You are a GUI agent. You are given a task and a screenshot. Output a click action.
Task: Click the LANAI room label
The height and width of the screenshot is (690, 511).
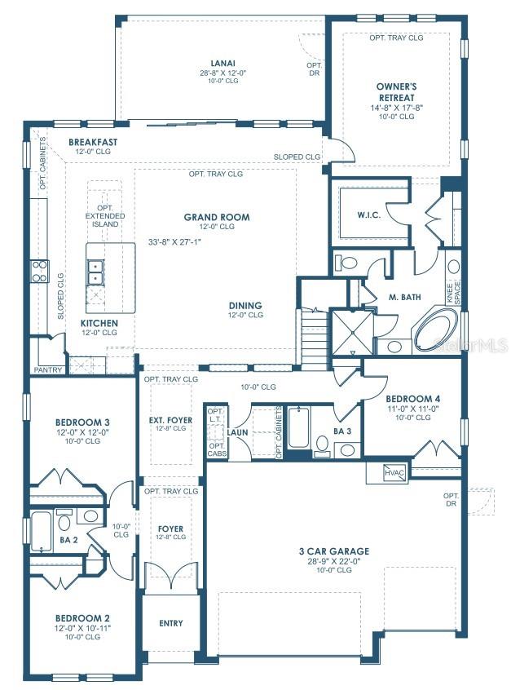223,63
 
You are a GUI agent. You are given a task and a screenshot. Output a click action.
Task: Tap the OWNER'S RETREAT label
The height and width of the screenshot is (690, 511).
397,92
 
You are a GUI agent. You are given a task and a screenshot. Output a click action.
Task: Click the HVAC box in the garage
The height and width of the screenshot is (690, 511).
394,472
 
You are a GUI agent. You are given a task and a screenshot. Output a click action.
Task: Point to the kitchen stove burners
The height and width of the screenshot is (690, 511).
39,271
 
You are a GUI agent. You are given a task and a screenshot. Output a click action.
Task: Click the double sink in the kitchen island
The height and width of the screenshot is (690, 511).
95,272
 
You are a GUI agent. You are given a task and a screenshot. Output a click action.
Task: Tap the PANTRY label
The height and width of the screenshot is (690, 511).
48,370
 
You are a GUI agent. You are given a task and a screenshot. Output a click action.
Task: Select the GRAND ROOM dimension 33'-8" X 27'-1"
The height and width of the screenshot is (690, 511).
174,241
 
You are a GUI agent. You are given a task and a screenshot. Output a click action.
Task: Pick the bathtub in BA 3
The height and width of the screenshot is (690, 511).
299,427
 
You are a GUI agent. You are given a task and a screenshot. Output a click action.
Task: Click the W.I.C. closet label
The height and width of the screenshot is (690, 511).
369,215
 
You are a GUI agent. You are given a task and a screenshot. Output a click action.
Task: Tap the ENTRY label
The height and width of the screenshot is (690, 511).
171,623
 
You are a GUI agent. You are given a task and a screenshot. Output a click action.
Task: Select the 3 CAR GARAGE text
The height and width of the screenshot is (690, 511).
334,551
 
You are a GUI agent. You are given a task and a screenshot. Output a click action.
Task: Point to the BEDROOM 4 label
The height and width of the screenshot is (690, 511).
412,399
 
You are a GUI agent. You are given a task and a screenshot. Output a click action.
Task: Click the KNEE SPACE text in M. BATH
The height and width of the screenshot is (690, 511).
452,293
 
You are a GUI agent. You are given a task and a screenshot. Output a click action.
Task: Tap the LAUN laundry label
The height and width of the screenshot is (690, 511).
237,432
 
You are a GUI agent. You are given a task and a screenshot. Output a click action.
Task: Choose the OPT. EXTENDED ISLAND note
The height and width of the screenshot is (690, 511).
105,215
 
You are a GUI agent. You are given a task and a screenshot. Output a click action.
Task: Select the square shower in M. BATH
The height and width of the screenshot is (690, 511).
352,332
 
